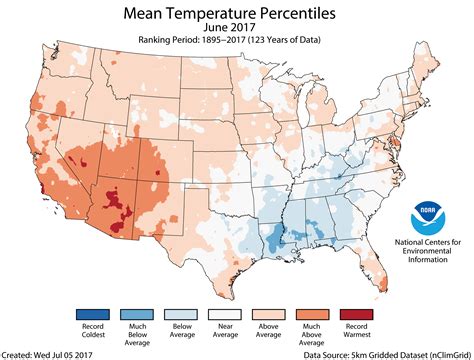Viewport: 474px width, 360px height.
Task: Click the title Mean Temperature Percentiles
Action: (237, 13)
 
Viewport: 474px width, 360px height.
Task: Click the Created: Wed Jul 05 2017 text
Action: (49, 354)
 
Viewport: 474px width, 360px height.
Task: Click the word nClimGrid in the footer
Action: (442, 354)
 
